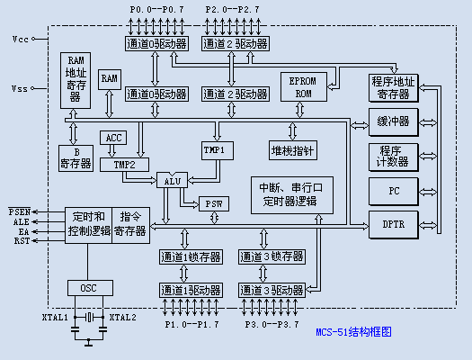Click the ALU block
(x=173, y=181)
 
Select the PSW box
(x=214, y=203)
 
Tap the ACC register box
(x=114, y=138)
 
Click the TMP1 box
(x=214, y=149)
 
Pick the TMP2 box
(x=125, y=165)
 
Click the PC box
(x=394, y=191)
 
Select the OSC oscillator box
(x=89, y=288)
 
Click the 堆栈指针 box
(x=293, y=149)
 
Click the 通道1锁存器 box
(x=191, y=257)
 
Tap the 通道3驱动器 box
(x=271, y=290)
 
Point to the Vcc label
(x=20, y=40)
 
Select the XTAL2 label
(x=123, y=318)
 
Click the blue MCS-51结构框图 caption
(x=353, y=331)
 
